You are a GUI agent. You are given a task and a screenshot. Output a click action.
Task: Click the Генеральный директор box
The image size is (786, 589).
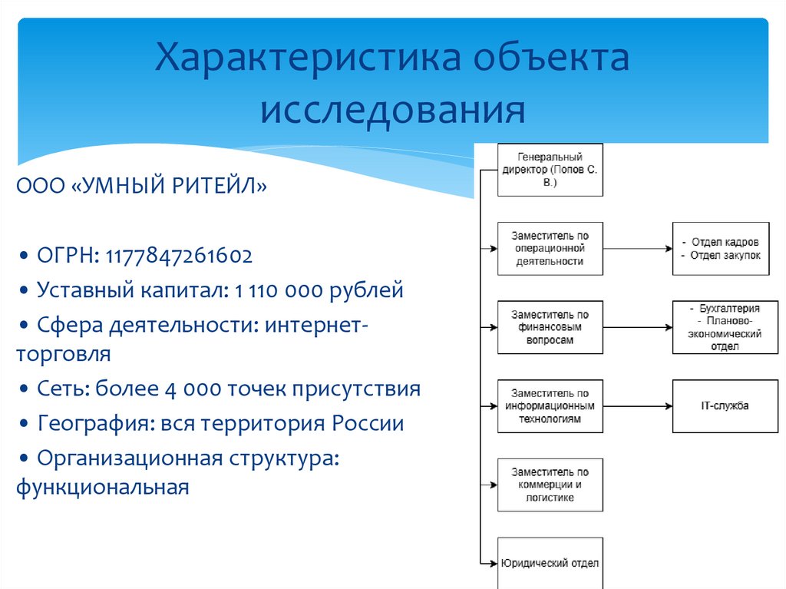coord(550,169)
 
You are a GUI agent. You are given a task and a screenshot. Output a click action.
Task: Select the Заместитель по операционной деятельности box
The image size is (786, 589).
coord(550,249)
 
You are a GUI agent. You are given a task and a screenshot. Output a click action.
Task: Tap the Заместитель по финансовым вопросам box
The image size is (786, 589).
coord(550,327)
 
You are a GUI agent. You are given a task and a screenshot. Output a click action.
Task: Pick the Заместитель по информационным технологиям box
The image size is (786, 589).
coord(550,405)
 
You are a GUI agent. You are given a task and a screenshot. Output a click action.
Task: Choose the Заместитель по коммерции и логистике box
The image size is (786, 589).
coord(550,485)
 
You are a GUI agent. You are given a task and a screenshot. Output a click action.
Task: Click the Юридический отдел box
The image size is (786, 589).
coord(550,563)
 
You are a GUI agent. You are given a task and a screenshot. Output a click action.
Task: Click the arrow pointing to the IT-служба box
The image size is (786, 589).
coord(637,405)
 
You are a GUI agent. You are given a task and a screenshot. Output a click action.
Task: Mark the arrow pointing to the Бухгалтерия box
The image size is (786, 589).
coord(637,327)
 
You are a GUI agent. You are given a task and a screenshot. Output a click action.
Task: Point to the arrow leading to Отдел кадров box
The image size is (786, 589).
coord(637,249)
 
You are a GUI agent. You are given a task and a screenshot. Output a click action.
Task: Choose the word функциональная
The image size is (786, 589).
coord(102,487)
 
